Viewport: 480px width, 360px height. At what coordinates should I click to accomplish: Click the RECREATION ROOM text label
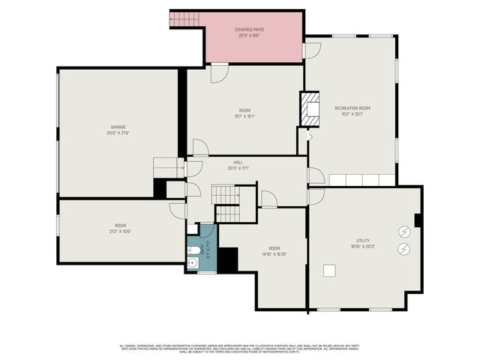pos(352,108)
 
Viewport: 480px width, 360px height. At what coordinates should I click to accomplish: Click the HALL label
pos(238,162)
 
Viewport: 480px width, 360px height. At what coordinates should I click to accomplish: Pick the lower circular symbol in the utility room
pos(403,249)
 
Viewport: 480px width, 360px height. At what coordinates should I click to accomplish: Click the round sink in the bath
pos(192,263)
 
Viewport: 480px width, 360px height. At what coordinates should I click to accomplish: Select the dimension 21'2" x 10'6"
pos(120,231)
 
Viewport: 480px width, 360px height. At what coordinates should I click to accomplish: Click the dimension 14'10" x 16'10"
pos(274,253)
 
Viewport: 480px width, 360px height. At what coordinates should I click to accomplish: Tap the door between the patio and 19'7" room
pos(219,73)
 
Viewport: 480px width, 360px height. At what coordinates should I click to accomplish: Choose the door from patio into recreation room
pos(311,51)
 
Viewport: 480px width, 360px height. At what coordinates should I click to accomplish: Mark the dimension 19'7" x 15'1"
pos(244,116)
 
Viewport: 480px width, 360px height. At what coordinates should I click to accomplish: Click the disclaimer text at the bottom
pos(240,348)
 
